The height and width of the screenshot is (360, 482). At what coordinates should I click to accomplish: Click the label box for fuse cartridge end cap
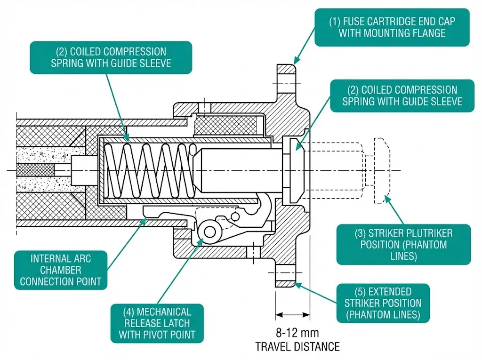(x=392, y=27)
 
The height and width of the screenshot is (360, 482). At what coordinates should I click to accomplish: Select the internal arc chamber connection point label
(x=61, y=270)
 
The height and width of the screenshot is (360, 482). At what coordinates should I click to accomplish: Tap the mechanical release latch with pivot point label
(x=157, y=323)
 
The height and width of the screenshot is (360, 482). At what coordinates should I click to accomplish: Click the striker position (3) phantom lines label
(x=403, y=244)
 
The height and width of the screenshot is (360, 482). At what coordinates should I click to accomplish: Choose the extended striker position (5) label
(x=383, y=303)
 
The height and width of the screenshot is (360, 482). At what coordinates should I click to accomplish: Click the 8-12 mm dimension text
(x=297, y=333)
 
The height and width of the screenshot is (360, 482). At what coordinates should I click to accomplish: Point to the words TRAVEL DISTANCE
(x=297, y=347)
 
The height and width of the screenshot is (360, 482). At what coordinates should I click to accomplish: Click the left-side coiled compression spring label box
(x=111, y=57)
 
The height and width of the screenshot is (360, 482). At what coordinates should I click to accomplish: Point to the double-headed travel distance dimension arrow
(x=292, y=314)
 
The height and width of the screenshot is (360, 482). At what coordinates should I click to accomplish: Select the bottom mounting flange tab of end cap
(x=285, y=278)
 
